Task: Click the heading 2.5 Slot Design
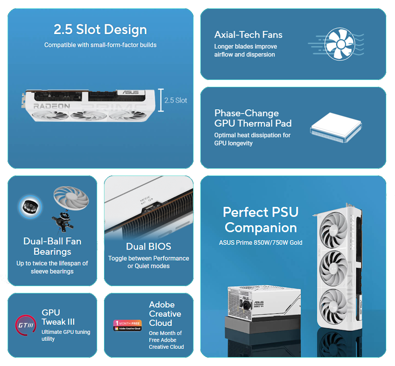coord(100,30)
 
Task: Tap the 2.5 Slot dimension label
coord(176,100)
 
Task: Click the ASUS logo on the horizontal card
coord(130,92)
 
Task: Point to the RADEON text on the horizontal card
coord(52,106)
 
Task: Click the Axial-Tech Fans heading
coord(248,35)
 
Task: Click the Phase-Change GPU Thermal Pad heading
coord(253,118)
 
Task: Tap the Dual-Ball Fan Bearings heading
coord(52,246)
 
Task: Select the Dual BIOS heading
coord(148,247)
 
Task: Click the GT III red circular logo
coord(25,325)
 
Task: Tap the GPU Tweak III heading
coord(58,317)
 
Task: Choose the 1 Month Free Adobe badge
coord(127,325)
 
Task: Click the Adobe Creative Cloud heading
coord(165,314)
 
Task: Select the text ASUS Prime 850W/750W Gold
coord(260,242)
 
